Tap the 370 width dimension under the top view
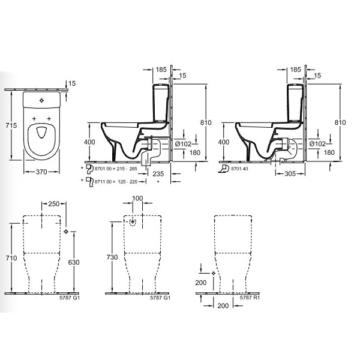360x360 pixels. [42, 172]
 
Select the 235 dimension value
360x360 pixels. [157, 174]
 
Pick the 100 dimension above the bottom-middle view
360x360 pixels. [138, 199]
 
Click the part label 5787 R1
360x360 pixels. [249, 298]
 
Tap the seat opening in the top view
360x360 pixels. [42, 136]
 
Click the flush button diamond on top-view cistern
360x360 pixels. [42, 100]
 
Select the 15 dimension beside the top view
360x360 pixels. [72, 83]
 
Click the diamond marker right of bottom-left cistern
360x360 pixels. [65, 232]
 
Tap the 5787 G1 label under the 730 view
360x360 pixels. [157, 298]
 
